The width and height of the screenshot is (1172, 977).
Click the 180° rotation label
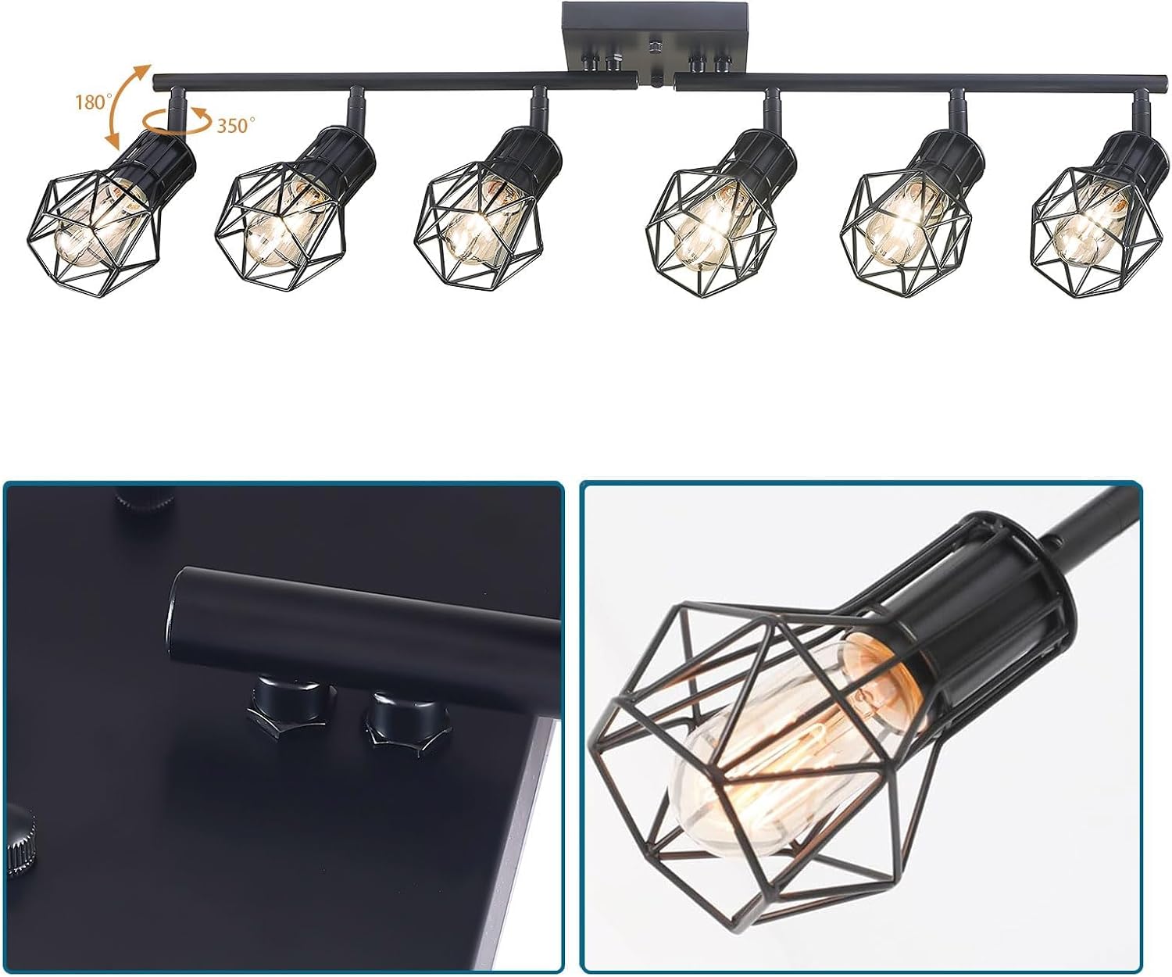tap(94, 102)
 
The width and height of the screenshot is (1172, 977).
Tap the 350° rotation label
tap(236, 125)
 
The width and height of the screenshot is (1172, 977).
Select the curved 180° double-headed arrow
tap(127, 106)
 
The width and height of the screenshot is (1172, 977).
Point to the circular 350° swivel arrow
tap(177, 120)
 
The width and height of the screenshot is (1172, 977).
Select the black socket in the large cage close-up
tap(977, 617)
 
